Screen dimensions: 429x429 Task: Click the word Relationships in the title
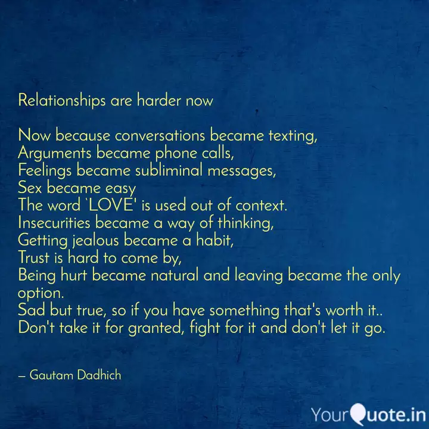(x=62, y=101)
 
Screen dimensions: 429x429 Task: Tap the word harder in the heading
(x=159, y=100)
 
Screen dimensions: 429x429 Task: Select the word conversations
(x=160, y=136)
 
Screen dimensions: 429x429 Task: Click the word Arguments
(x=54, y=153)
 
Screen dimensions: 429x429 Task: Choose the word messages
(x=241, y=171)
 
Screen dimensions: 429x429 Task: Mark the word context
(x=262, y=206)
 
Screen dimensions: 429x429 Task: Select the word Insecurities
(x=54, y=223)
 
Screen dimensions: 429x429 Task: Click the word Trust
(x=33, y=258)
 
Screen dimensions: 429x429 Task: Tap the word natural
(x=174, y=275)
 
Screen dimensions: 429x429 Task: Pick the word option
(x=41, y=294)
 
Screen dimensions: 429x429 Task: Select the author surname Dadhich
(x=99, y=375)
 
